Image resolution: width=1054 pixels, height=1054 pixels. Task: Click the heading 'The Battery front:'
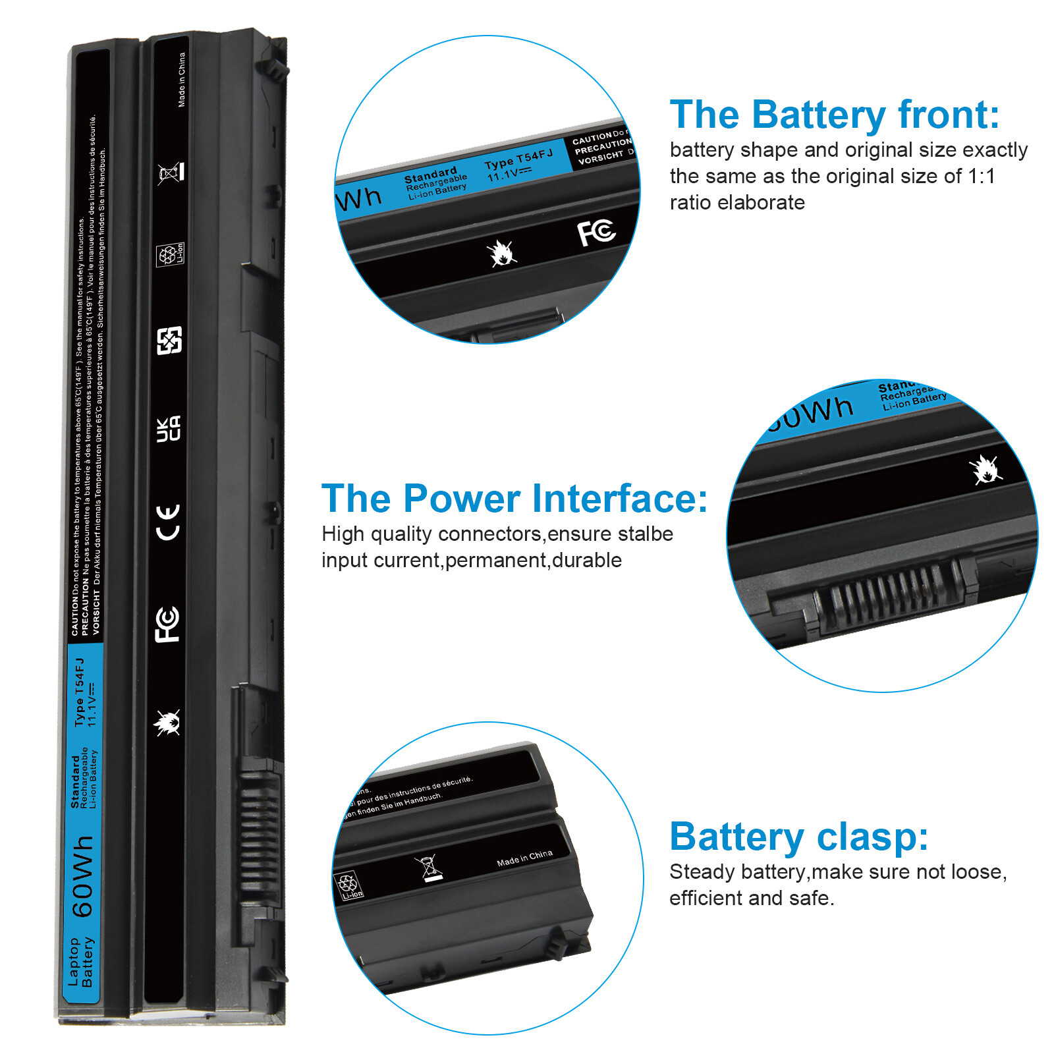pos(834,115)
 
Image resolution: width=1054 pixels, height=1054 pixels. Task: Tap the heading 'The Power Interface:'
pos(514,499)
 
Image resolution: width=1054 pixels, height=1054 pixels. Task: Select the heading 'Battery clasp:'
pos(798,837)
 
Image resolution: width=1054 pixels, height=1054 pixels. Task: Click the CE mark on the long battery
pos(168,522)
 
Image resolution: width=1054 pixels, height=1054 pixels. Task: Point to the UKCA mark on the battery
pos(168,429)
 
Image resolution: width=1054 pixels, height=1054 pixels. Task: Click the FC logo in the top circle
pos(596,232)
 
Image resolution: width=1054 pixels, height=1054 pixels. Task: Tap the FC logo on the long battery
pos(167,624)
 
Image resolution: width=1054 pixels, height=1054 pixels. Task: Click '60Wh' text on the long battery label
pos(83,876)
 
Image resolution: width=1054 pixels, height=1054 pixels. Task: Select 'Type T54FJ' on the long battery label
pos(80,692)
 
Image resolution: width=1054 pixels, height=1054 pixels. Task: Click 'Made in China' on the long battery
pos(182,80)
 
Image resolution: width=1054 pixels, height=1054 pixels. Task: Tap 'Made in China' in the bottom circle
pos(524,858)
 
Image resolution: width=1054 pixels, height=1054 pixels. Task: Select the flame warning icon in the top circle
pos(501,253)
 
